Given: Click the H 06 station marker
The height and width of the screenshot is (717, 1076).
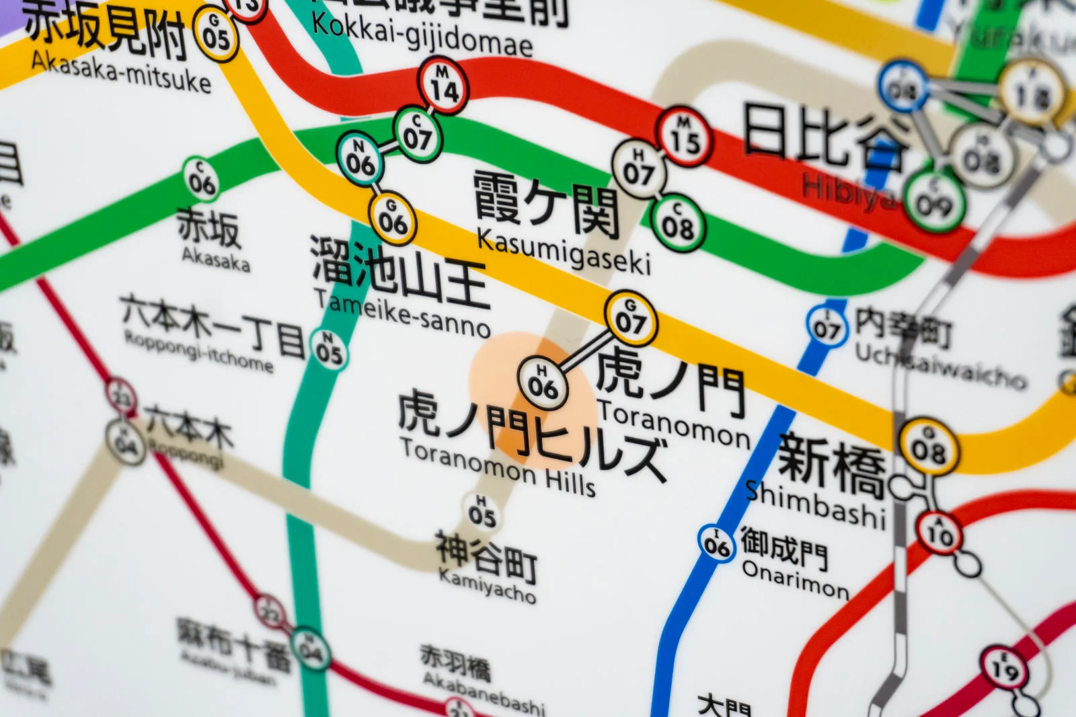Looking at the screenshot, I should (542, 382).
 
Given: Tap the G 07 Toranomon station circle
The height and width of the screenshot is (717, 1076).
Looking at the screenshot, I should (630, 318).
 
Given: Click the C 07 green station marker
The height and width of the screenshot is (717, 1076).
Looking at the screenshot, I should (417, 135).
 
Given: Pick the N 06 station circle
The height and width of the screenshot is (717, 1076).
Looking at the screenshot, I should (360, 159).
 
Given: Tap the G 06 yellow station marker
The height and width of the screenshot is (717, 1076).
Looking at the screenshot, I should (393, 218).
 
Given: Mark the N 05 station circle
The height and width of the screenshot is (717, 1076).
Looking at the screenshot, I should (330, 350).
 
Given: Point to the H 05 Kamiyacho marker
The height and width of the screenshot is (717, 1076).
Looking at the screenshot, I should (482, 513).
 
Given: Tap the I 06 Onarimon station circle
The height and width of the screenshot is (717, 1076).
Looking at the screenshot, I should (717, 543).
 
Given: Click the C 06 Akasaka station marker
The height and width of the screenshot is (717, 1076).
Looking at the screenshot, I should (202, 179).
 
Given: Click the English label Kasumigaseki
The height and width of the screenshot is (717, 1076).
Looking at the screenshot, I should (564, 252).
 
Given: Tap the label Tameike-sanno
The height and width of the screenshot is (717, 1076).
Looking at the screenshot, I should (402, 313).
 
